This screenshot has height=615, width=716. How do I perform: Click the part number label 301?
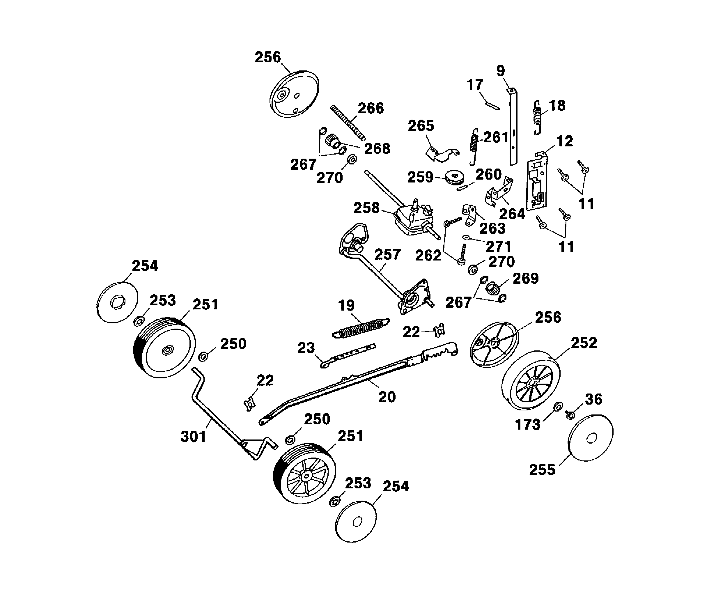194,437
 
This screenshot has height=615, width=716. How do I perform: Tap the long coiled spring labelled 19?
361,327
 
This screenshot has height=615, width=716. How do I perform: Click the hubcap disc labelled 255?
590,438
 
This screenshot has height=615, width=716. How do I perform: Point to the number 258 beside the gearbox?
366,208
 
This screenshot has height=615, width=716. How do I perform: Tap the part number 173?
527,425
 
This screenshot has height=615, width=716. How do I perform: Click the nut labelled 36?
570,414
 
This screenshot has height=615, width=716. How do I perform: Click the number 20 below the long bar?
387,397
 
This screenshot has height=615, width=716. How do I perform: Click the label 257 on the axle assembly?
387,255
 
